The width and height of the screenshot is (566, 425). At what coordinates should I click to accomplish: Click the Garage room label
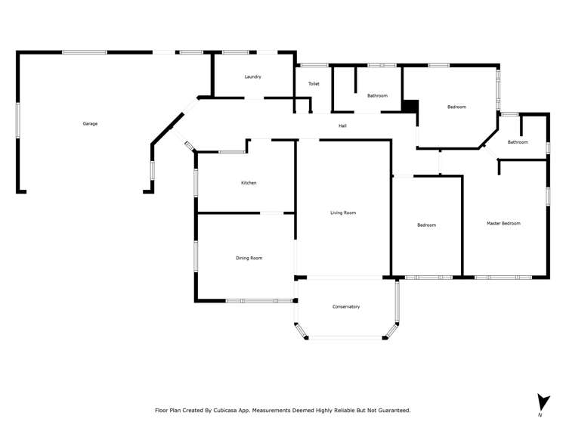[x=90, y=123]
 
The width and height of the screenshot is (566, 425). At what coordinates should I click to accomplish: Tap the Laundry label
[x=252, y=77]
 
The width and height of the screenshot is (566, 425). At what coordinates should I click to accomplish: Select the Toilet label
[x=314, y=84]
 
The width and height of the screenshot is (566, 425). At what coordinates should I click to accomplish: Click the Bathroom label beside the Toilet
[x=377, y=96]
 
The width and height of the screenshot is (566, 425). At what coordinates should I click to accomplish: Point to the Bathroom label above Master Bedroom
[x=518, y=142]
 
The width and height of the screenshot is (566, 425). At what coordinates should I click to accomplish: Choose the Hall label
[x=342, y=126]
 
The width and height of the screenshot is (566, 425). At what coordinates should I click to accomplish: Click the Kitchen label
[x=249, y=183]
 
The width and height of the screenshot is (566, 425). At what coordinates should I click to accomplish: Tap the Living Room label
[x=343, y=213]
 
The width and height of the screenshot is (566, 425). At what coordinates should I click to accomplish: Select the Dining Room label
[x=249, y=259]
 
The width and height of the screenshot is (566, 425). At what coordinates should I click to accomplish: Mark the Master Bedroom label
[x=503, y=223]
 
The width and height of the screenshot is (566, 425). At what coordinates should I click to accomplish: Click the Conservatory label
[x=346, y=306]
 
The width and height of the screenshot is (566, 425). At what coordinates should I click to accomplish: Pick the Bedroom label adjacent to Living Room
[x=427, y=225]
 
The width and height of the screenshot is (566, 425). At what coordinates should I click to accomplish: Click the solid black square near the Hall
[x=410, y=107]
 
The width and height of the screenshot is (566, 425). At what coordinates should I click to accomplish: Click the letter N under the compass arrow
[x=540, y=415]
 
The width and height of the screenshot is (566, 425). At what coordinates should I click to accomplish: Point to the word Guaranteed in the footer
[x=392, y=410]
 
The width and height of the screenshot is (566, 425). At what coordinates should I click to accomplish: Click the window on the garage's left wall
[x=17, y=120]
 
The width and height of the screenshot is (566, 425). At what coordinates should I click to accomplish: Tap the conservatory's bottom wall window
[x=346, y=337]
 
